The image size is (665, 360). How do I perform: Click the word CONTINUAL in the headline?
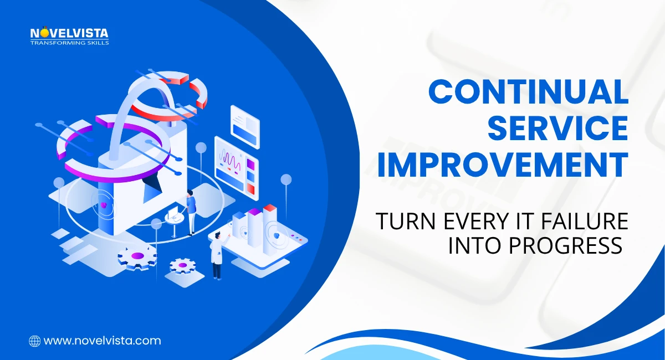coord(528,92)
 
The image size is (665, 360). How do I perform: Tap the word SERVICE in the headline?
coord(560,128)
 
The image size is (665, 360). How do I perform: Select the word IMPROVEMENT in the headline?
coord(503,165)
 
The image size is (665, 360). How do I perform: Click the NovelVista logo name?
coord(69,34)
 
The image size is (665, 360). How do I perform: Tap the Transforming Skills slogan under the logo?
coord(69,43)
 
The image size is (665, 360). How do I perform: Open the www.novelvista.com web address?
coord(102,341)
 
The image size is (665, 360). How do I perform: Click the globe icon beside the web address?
coord(34,341)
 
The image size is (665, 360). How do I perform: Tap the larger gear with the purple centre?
coord(137,256)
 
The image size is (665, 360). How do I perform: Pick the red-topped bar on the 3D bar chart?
coord(270,226)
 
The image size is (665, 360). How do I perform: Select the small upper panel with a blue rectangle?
coord(245,125)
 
